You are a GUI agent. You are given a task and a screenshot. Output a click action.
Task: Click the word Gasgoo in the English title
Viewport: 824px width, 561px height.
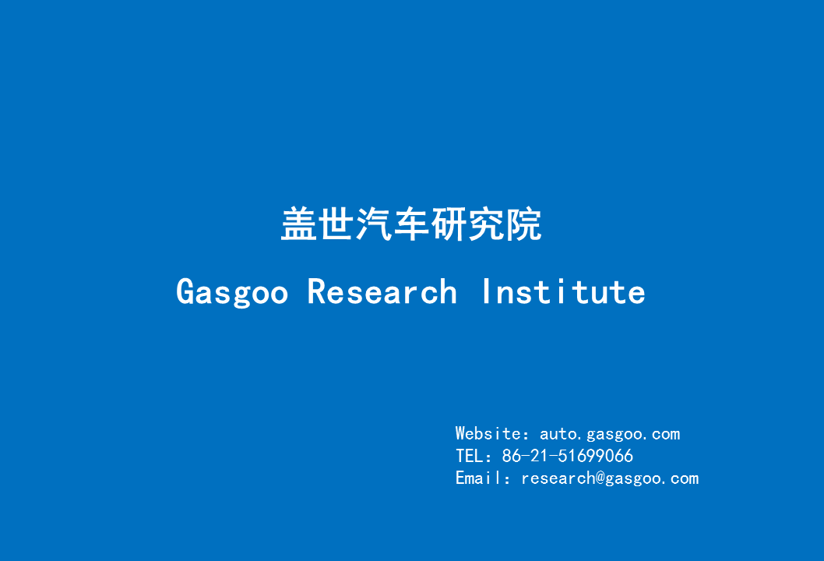tap(232, 293)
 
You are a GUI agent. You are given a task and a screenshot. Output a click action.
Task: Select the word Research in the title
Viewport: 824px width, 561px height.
tap(382, 292)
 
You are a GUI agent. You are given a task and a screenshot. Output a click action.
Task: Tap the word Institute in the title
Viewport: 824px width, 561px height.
tap(563, 292)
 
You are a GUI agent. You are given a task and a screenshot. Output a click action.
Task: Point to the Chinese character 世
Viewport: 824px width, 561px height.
tap(337, 224)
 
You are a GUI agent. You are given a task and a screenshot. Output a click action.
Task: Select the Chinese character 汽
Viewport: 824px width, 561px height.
tap(374, 224)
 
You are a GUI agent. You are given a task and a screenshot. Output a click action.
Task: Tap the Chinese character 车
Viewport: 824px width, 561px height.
tap(411, 224)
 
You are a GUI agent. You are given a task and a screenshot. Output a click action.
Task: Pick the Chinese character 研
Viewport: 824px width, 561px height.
tap(449, 224)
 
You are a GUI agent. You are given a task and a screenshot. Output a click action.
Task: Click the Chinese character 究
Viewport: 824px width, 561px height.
tap(486, 224)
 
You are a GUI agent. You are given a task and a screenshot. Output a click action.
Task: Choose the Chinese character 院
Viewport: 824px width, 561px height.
tap(523, 224)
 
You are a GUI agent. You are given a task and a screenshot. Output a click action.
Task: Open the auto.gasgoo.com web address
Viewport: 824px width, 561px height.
tap(610, 435)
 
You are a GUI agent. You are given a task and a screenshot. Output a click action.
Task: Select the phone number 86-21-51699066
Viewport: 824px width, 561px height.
tap(568, 456)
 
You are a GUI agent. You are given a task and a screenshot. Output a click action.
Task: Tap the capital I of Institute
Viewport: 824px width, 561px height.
tap(487, 292)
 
